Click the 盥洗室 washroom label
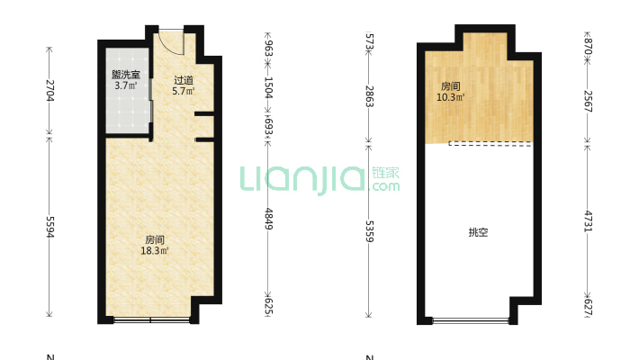point(125,75)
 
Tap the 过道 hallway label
point(184,80)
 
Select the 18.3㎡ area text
point(155,251)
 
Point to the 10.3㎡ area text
point(451,97)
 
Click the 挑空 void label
point(478,232)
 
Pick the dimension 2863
point(369,96)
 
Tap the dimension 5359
point(369,230)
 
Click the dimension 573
point(369,40)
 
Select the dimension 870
point(588,44)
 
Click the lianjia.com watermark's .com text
point(385,186)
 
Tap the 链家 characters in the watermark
point(385,172)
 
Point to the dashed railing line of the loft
point(490,142)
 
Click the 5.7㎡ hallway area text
point(184,91)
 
